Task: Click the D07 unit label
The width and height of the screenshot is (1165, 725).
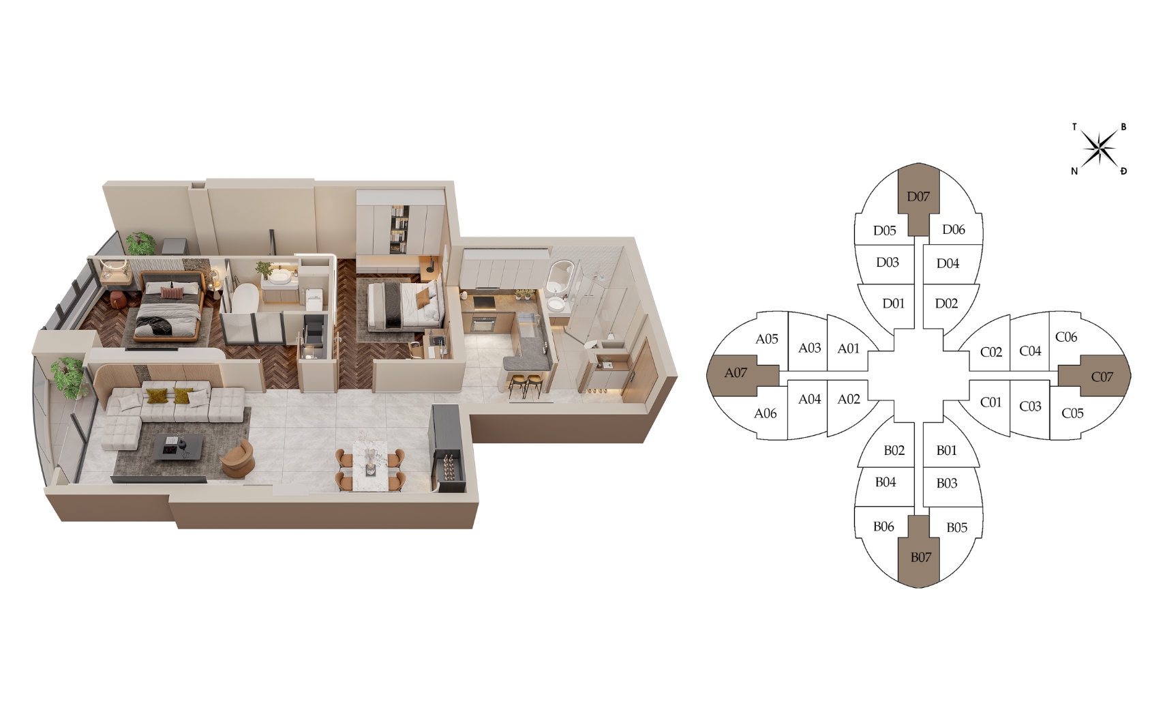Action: tap(918, 196)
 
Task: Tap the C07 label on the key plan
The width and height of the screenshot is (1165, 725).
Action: tap(1102, 376)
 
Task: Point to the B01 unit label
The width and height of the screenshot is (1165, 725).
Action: tap(947, 450)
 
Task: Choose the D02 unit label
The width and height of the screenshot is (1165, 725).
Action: tap(946, 304)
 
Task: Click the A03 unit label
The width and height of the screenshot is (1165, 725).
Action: tap(809, 348)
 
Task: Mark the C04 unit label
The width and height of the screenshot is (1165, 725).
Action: tap(1030, 351)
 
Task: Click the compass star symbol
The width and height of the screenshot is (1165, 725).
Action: tap(1099, 148)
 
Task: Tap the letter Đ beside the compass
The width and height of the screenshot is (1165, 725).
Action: tap(1123, 171)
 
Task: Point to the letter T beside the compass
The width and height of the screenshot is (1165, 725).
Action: tap(1074, 126)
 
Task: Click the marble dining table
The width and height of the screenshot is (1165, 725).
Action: tap(369, 464)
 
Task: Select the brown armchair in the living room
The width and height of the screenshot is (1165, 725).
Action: tap(238, 458)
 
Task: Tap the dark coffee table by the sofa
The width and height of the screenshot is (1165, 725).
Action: tap(178, 447)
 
